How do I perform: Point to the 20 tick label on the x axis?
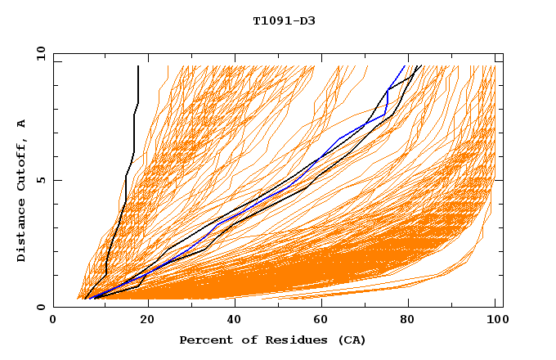[141, 321]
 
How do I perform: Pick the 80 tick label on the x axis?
[408, 321]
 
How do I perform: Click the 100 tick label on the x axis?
[496, 321]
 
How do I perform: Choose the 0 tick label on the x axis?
[53, 321]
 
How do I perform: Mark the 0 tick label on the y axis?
[40, 307]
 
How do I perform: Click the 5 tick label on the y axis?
[40, 180]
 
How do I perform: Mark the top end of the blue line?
[404, 66]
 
